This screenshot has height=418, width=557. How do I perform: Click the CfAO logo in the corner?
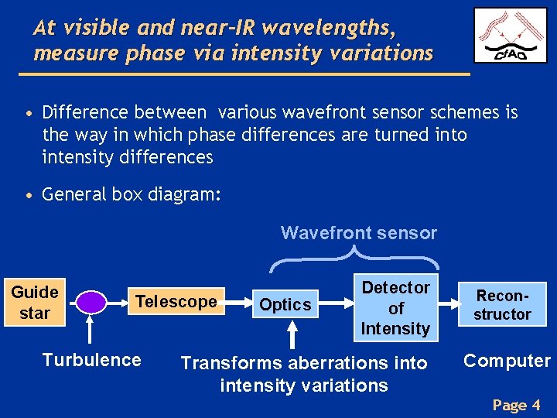pyautogui.click(x=511, y=35)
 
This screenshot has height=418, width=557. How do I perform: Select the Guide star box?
pyautogui.click(x=35, y=303)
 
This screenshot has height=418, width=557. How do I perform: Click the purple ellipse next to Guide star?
pyautogui.click(x=94, y=302)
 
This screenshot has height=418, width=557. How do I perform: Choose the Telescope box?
pyautogui.click(x=176, y=302)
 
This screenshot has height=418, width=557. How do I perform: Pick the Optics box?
pyautogui.click(x=285, y=305)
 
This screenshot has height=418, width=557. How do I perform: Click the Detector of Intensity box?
pyautogui.click(x=395, y=308)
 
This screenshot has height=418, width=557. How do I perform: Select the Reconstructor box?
pyautogui.click(x=503, y=305)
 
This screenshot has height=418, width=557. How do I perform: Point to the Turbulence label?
pyautogui.click(x=91, y=360)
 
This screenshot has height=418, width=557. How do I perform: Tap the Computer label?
pyautogui.click(x=507, y=361)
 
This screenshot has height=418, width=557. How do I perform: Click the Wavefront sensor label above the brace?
pyautogui.click(x=358, y=233)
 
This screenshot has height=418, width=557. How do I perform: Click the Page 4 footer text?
pyautogui.click(x=515, y=405)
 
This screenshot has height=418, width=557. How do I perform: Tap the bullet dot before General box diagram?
pyautogui.click(x=29, y=195)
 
